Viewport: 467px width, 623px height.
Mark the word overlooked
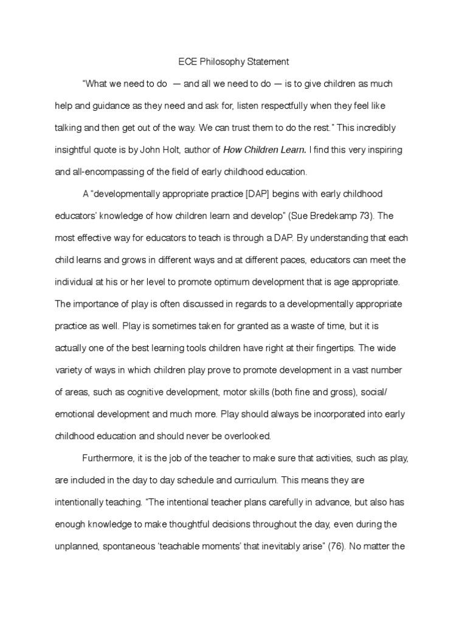(x=242, y=436)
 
